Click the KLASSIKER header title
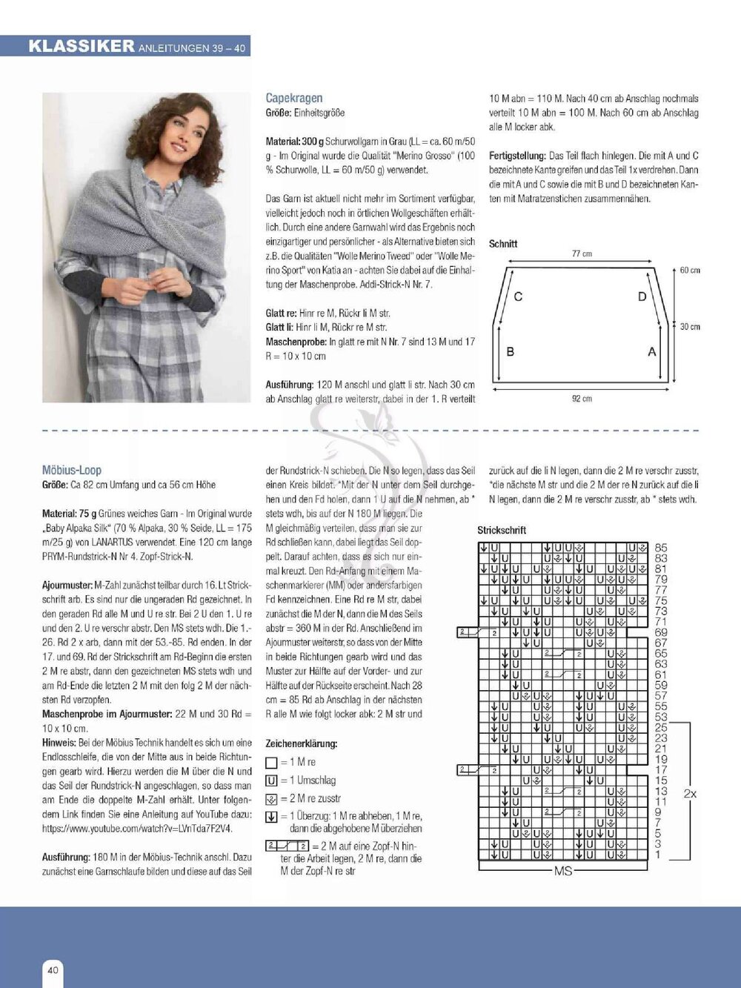click(x=82, y=46)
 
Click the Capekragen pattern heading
click(x=294, y=98)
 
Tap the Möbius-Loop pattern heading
click(x=72, y=470)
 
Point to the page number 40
click(x=53, y=969)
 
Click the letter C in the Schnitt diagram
click(x=518, y=296)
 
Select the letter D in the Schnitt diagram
click(x=642, y=296)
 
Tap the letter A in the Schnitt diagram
click(x=652, y=351)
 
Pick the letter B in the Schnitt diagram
click(x=510, y=351)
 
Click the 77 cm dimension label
click(x=582, y=253)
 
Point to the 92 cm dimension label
click(x=582, y=399)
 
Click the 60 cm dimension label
click(x=690, y=271)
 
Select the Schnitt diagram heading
click(x=503, y=243)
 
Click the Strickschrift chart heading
click(x=502, y=530)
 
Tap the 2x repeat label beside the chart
click(x=690, y=794)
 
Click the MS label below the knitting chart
click(x=563, y=871)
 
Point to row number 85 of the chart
click(x=661, y=548)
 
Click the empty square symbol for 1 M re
click(x=271, y=763)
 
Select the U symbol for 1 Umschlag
click(x=271, y=780)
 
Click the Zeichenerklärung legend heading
click(x=302, y=743)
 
